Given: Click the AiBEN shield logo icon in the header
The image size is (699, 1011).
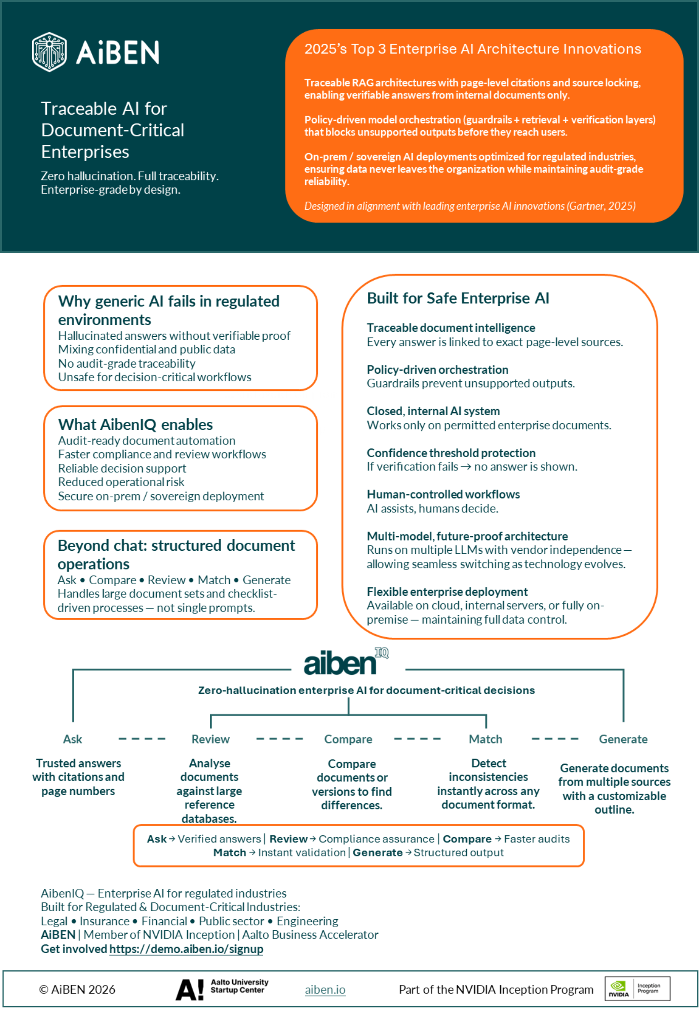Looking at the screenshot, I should [x=49, y=52].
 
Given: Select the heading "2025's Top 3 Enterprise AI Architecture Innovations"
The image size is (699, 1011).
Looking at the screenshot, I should [x=472, y=49].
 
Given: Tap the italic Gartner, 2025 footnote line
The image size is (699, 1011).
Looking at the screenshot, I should [x=470, y=206].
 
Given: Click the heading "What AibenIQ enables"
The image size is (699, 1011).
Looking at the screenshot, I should [x=136, y=425].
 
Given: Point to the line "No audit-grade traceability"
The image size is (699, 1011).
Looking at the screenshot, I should [x=127, y=364].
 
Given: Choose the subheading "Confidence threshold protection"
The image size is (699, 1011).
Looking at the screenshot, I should [x=451, y=453].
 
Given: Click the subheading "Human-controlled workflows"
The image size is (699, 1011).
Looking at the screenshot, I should [x=443, y=494].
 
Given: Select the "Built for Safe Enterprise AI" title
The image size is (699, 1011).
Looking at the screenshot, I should [x=458, y=298].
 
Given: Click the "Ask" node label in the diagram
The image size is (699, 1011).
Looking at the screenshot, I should [x=72, y=739].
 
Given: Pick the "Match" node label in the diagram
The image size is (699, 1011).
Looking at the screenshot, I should [x=485, y=739].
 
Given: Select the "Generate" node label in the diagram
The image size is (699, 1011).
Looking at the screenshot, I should [x=623, y=739].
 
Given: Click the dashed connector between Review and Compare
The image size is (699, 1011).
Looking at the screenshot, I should [x=280, y=739].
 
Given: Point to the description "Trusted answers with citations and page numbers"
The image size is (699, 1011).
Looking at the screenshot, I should [x=78, y=777].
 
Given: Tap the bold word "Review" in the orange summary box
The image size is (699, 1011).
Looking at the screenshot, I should [x=288, y=839].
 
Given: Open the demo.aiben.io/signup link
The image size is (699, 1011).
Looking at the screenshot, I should [x=186, y=949].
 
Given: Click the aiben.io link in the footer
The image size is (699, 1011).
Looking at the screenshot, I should [x=325, y=990].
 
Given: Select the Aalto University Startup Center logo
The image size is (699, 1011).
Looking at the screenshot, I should [x=222, y=989].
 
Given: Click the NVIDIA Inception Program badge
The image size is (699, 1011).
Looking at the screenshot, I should [x=637, y=988].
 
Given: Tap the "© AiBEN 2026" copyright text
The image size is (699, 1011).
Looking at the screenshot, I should [x=77, y=990].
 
